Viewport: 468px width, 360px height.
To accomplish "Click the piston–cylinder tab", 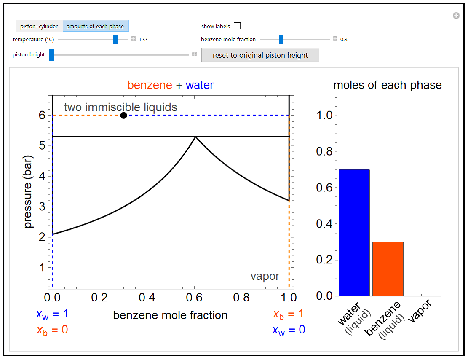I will [39, 26].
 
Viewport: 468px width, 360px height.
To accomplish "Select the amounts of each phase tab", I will [95, 26].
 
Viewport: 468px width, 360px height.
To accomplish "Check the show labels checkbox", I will [237, 26].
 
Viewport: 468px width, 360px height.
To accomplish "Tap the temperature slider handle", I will [115, 40].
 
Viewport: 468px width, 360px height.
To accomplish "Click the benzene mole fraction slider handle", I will [281, 40].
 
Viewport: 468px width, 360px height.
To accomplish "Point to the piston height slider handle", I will [51, 55].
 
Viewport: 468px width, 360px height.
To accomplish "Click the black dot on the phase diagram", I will [123, 116].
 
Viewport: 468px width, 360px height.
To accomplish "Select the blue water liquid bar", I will [354, 233].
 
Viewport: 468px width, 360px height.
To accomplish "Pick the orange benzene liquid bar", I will [388, 269].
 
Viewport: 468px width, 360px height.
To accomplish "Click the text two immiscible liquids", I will [120, 107].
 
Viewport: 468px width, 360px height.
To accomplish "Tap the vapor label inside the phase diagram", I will [265, 277].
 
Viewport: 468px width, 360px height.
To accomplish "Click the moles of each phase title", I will [387, 85].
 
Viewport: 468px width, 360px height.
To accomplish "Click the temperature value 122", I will [143, 40].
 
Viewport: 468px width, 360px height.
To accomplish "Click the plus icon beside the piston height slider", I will [194, 54].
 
